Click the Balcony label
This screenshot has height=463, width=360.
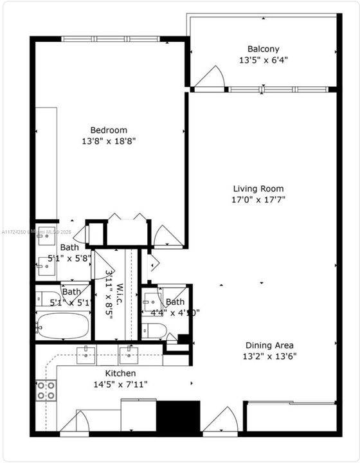264,49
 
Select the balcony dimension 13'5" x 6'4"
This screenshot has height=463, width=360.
264,60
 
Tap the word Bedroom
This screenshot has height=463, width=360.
108,129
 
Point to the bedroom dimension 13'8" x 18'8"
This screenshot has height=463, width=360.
108,140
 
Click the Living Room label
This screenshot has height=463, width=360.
258,188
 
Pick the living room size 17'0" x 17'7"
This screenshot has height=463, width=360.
258,199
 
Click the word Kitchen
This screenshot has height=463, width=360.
121,373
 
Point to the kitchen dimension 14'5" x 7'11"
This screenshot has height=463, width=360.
121,384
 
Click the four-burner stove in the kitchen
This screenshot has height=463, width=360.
46,390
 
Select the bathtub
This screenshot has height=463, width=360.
63,325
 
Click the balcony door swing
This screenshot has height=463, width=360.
210,80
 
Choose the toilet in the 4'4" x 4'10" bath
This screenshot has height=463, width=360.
154,331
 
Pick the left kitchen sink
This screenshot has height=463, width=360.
86,354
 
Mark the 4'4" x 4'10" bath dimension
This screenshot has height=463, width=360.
175,313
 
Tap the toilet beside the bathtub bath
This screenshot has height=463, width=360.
47,298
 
